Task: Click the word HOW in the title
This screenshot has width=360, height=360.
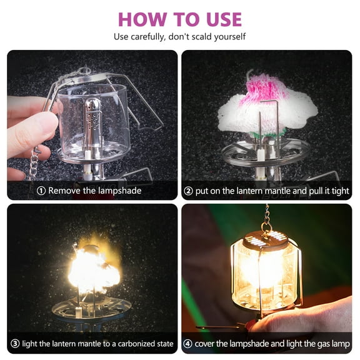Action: click(141, 18)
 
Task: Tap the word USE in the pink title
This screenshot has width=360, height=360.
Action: click(219, 18)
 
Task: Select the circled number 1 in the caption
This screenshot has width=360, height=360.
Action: click(42, 191)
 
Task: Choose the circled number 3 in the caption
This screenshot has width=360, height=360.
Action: click(15, 344)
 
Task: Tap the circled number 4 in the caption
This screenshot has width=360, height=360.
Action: click(187, 344)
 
